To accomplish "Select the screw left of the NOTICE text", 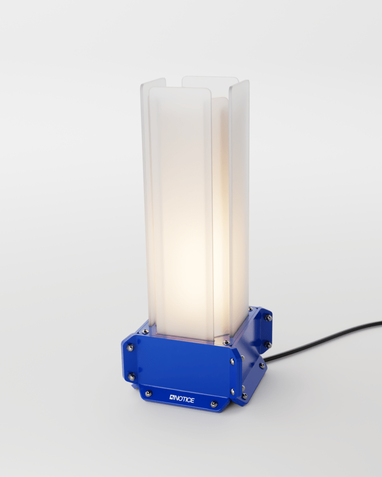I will (x=148, y=393).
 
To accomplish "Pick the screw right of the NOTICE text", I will (x=214, y=405).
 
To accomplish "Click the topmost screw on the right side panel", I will (x=269, y=318).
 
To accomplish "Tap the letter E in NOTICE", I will (x=192, y=401).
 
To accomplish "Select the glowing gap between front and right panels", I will (x=220, y=215).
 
